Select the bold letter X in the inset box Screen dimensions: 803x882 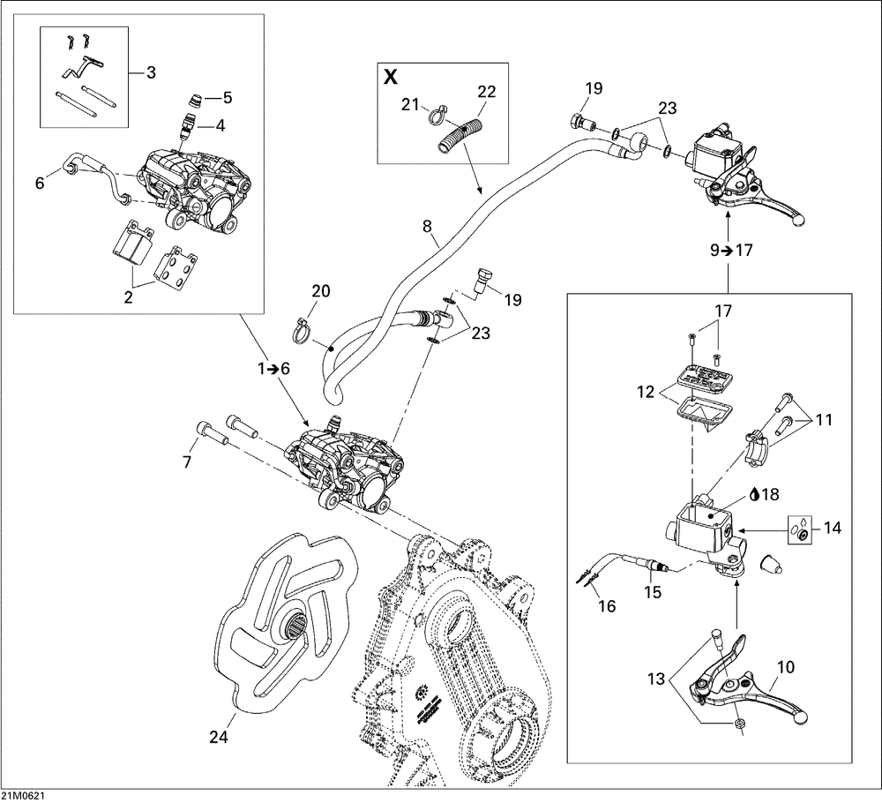click(x=391, y=77)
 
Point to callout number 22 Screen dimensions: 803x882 click(x=487, y=92)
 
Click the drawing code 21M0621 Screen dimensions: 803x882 click(x=24, y=795)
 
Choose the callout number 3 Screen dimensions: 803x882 click(x=151, y=72)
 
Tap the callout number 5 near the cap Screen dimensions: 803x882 click(x=227, y=96)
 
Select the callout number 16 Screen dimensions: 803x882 click(x=606, y=606)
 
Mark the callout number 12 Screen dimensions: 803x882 click(x=644, y=390)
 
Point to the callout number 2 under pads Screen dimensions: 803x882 click(x=129, y=297)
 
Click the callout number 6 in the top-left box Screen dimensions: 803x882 click(x=39, y=184)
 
